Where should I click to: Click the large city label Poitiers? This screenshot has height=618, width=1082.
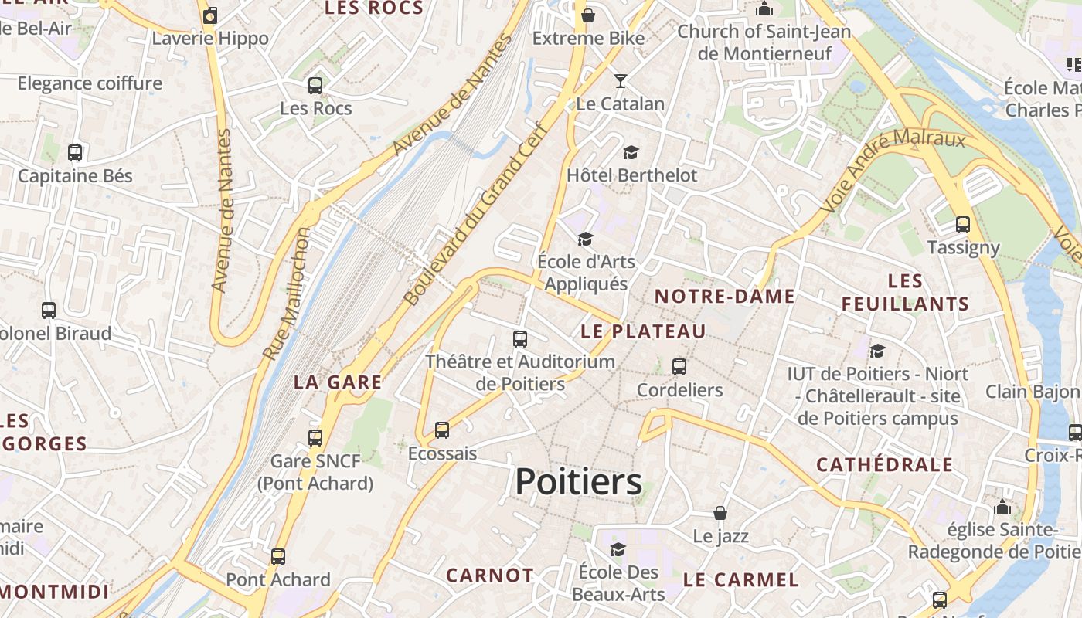[578, 482]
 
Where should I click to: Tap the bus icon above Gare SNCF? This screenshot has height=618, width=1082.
[315, 438]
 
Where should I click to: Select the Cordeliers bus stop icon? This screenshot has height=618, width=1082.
[679, 367]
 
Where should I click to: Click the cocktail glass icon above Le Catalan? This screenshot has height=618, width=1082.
[620, 80]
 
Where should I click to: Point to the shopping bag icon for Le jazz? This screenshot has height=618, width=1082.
[720, 513]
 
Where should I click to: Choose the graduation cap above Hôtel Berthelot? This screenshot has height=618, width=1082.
[631, 152]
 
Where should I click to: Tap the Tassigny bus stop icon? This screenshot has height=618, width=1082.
[963, 225]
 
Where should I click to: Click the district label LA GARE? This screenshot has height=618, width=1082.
[338, 382]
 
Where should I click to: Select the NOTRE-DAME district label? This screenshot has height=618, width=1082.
[725, 296]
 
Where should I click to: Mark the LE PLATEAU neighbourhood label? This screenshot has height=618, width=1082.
[643, 331]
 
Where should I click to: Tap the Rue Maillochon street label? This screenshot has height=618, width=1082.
[286, 294]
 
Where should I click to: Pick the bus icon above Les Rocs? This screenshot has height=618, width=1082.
[315, 86]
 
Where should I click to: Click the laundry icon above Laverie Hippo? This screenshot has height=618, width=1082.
[210, 15]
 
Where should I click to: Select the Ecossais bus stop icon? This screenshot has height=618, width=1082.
[442, 430]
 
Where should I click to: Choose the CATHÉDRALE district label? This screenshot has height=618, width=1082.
[885, 465]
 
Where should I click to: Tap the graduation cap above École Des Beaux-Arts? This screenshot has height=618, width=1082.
[618, 549]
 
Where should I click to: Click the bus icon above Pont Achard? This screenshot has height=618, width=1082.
[278, 556]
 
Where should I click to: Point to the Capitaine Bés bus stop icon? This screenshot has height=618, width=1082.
[75, 153]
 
